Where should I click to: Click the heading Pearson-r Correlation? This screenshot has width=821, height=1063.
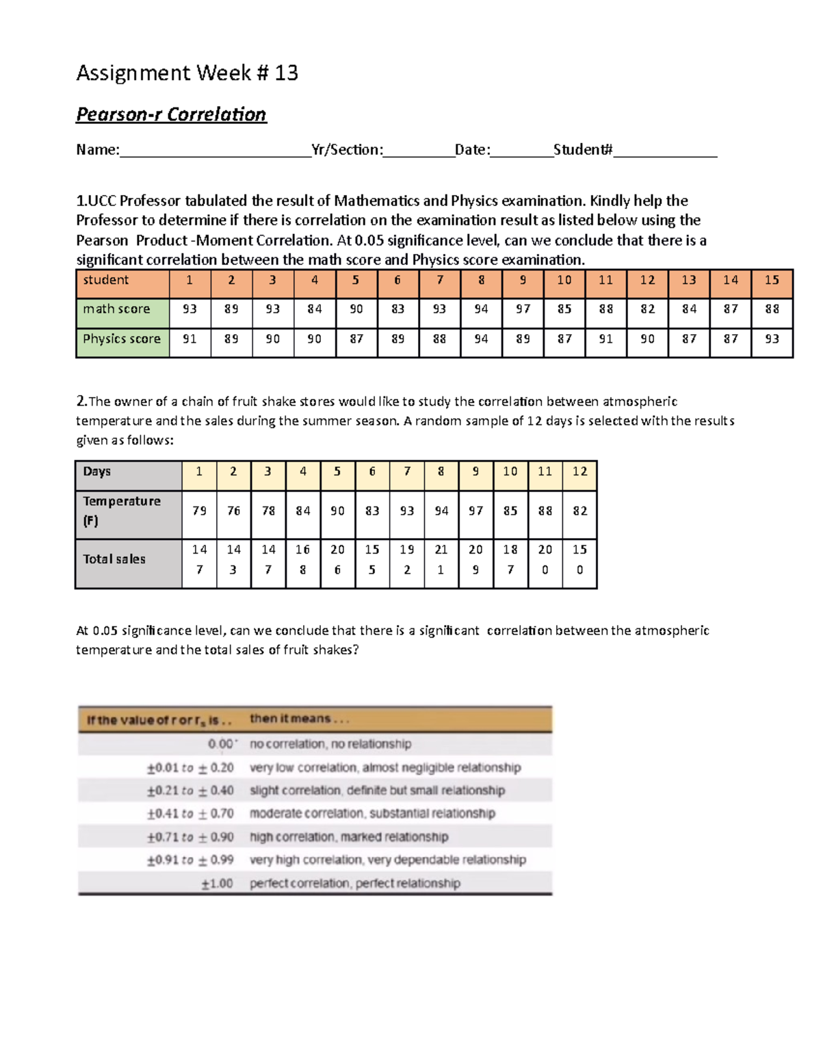[x=171, y=114]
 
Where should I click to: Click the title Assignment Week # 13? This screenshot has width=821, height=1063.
[x=187, y=73]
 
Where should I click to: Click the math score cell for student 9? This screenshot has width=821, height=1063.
[x=523, y=309]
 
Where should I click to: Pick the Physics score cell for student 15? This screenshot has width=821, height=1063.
[x=772, y=339]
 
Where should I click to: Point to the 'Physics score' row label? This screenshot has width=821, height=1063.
[x=122, y=339]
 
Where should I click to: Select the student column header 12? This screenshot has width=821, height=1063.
[x=647, y=280]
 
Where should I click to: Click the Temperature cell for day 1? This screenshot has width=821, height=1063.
[x=199, y=511]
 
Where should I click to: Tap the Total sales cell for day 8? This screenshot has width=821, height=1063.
[x=441, y=559]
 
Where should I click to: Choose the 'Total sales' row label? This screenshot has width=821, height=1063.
[x=114, y=559]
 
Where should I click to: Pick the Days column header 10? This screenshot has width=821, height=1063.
[x=510, y=472]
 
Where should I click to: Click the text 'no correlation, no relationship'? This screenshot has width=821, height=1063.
[x=330, y=744]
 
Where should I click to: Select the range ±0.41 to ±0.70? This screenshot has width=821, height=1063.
[x=190, y=814]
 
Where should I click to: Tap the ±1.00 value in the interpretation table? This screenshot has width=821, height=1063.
[x=217, y=884]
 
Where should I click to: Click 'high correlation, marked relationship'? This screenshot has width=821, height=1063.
[x=349, y=837]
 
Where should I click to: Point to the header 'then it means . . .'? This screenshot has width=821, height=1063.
[x=299, y=719]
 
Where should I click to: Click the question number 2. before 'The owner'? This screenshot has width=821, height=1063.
[x=81, y=401]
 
